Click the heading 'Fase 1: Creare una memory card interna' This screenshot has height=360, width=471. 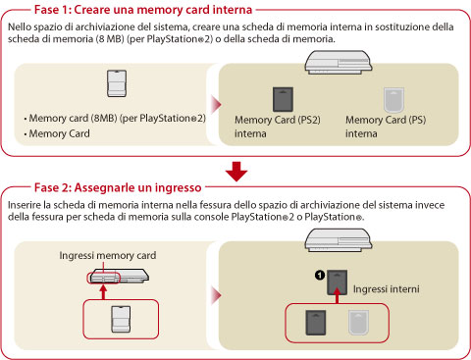coord(143,10)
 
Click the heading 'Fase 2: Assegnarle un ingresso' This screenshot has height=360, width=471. coord(118,187)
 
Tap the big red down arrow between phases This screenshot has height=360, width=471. coord(236,172)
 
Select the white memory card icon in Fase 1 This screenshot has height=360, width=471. coord(117,83)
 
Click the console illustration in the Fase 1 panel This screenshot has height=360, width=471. coord(339,62)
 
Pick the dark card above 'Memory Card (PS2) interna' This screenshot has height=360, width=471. coord(283,99)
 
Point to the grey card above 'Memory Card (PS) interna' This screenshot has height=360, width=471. coord(393,100)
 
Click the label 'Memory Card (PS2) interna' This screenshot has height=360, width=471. coord(278,127)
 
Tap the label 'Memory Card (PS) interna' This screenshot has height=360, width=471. coord(386,127)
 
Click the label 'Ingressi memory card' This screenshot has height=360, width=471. coord(108,255)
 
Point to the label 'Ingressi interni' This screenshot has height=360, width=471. coord(386,289)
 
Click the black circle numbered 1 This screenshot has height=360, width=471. coord(320,276)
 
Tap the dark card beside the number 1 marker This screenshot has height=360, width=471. coord(338,283)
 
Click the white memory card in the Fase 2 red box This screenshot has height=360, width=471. coord(121,319)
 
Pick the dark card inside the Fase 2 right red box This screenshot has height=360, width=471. coord(316,323)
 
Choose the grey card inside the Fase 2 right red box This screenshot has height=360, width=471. coord(358,323)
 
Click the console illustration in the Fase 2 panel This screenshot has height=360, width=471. coord(339,240)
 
